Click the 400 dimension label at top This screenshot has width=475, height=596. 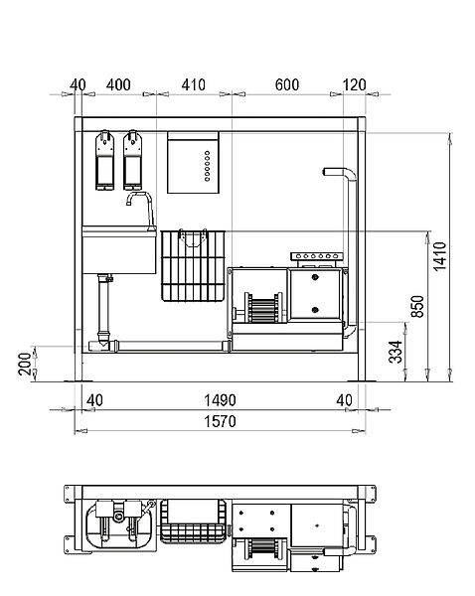tap(118, 84)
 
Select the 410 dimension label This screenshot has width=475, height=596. tap(193, 84)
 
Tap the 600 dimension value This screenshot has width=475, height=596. tap(287, 84)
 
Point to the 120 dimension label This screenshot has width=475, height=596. tap(354, 84)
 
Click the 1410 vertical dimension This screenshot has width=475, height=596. tap(440, 256)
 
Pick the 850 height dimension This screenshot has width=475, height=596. tap(417, 306)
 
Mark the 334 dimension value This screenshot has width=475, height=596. tap(396, 352)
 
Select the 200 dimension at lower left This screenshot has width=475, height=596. tap(25, 364)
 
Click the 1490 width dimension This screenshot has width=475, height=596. tap(220, 400)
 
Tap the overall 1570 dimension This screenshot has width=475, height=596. tap(220, 421)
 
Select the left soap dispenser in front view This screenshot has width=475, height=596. tap(104, 160)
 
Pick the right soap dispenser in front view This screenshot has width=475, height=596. tap(132, 160)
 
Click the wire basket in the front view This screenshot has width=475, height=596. tap(193, 265)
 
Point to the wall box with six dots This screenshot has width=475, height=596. tap(193, 163)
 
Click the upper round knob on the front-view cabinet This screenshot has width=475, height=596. tap(315, 277)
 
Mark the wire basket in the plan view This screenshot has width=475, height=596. tap(194, 521)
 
